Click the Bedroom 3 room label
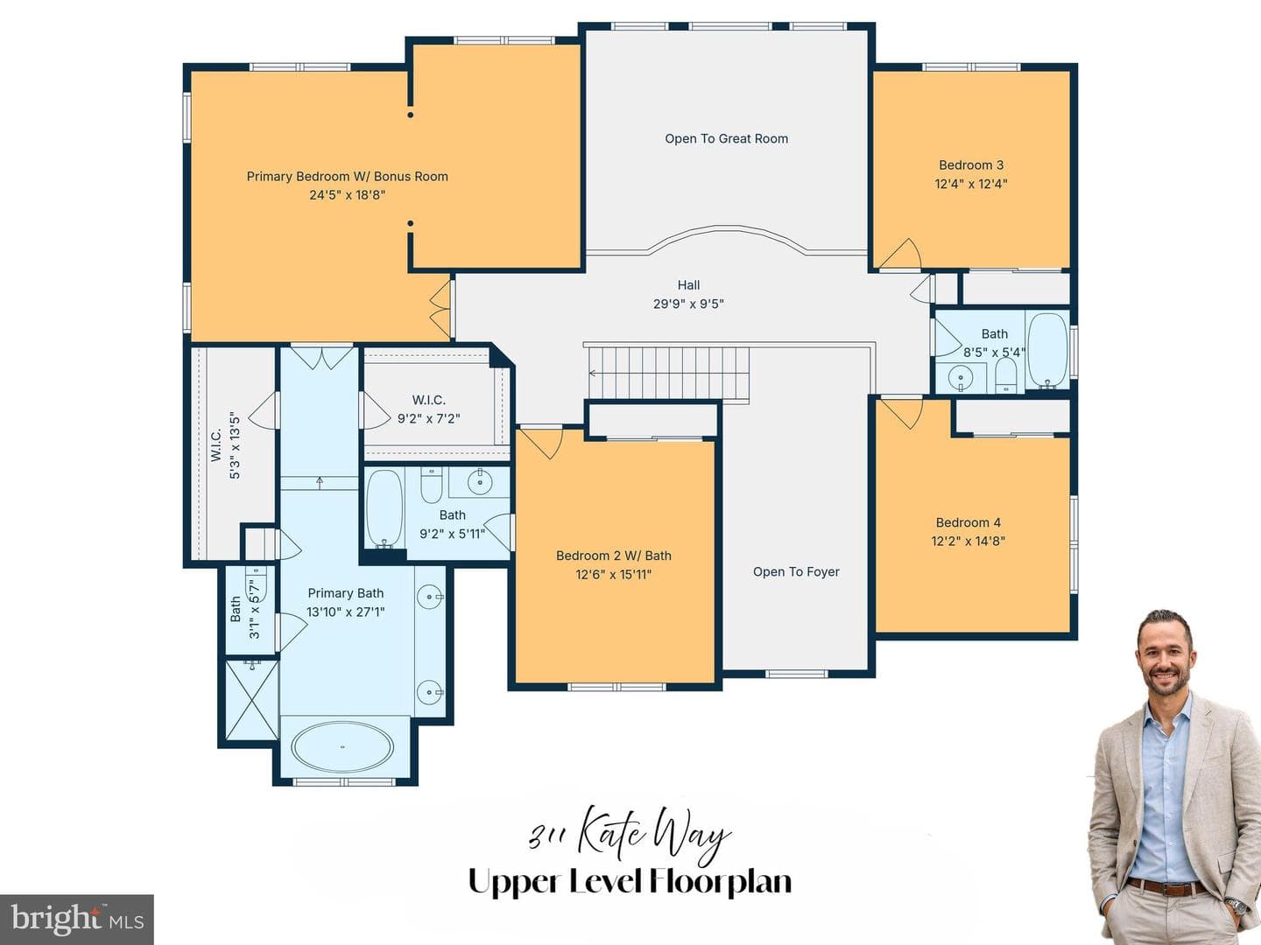pyautogui.click(x=971, y=165)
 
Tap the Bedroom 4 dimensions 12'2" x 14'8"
pyautogui.click(x=968, y=541)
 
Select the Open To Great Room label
pyautogui.click(x=726, y=139)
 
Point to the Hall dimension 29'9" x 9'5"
pyautogui.click(x=688, y=304)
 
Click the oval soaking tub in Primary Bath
pyautogui.click(x=342, y=746)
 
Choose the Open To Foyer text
pyautogui.click(x=796, y=572)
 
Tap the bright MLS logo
pyautogui.click(x=76, y=919)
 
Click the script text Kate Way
pyautogui.click(x=654, y=835)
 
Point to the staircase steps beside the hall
pyautogui.click(x=669, y=373)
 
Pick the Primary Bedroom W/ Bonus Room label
pyautogui.click(x=347, y=177)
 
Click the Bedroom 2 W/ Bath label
pyautogui.click(x=614, y=556)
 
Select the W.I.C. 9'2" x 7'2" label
pyautogui.click(x=428, y=409)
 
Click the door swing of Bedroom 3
pyautogui.click(x=901, y=254)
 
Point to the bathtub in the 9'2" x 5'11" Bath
pyautogui.click(x=384, y=508)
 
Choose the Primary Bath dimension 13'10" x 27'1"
pyautogui.click(x=345, y=612)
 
